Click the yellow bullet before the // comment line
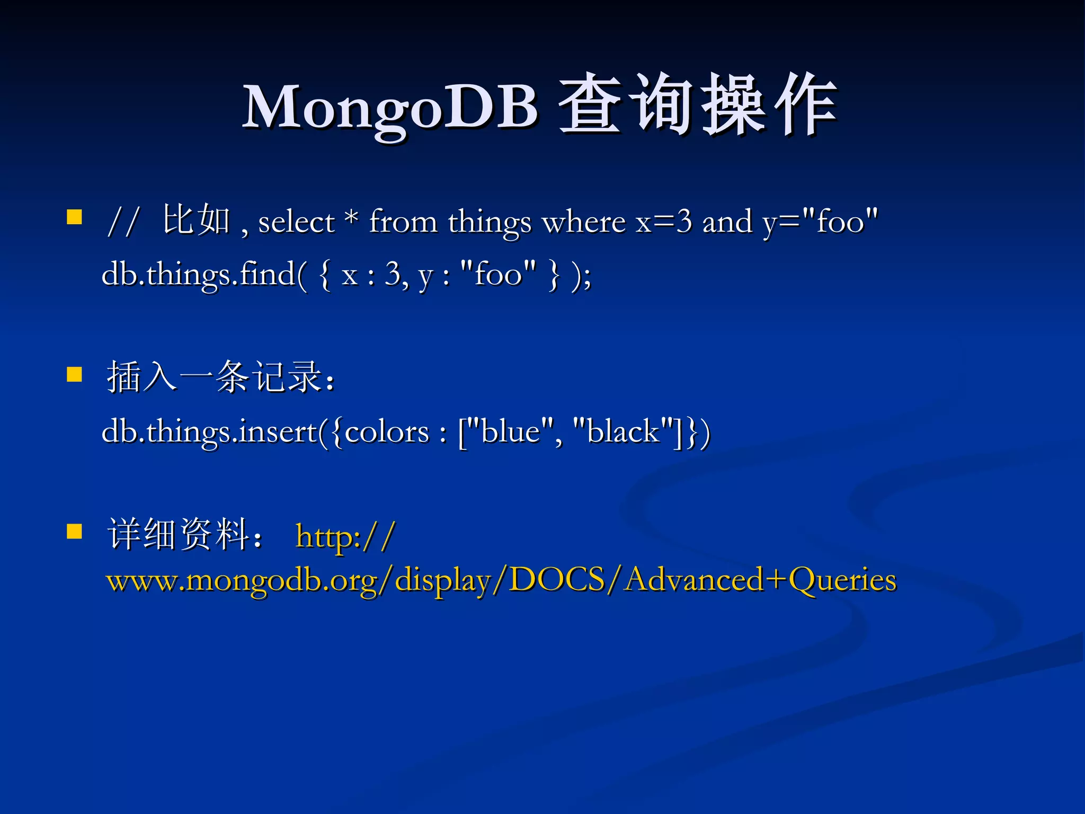coord(75,217)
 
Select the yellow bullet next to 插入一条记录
coord(75,375)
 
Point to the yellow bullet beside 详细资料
coord(75,531)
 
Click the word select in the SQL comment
coord(296,222)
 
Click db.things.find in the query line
coord(199,275)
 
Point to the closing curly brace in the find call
coord(554,275)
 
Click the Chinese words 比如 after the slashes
coord(196,220)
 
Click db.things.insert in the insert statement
coord(209,432)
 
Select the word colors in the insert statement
coord(387,432)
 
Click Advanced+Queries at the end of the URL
coord(761,580)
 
